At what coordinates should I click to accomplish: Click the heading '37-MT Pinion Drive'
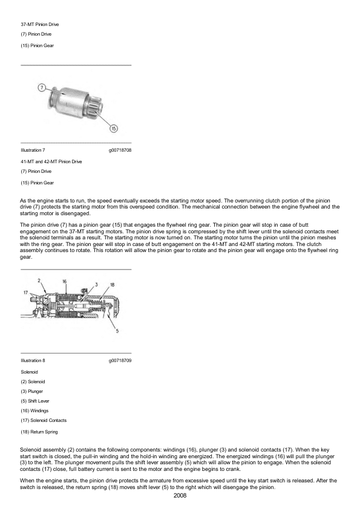(40, 24)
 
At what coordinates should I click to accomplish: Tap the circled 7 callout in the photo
(42, 88)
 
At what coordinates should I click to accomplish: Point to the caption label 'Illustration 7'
(33, 149)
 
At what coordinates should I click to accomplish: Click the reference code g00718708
(120, 149)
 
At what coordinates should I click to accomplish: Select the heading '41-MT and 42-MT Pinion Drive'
(51, 161)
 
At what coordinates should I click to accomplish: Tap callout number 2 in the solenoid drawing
(39, 280)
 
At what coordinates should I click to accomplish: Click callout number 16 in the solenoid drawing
(64, 281)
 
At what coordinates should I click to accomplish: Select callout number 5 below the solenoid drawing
(117, 330)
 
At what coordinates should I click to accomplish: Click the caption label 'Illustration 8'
(33, 360)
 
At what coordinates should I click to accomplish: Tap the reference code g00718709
(120, 360)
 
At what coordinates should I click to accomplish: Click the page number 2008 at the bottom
(180, 495)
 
